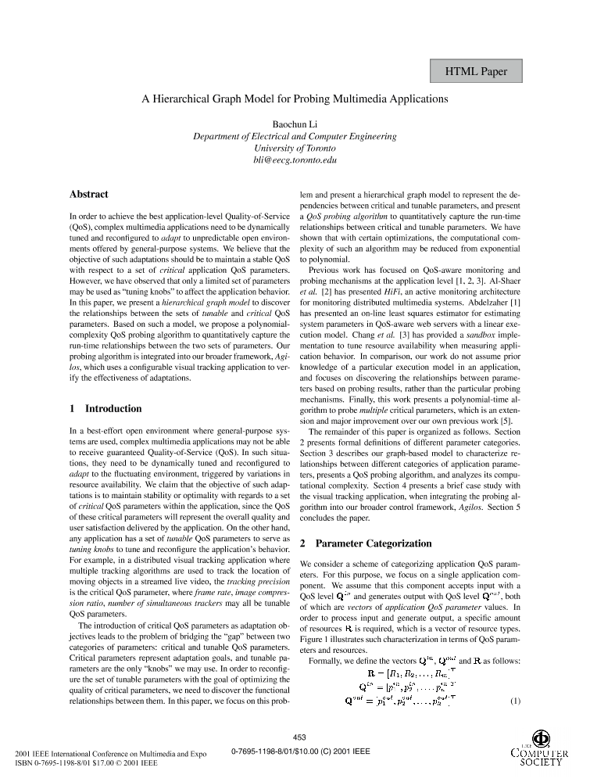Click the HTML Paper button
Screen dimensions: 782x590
476,72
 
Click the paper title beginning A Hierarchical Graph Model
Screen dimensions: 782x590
295,99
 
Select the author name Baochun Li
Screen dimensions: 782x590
295,124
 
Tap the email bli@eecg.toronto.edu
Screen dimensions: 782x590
295,160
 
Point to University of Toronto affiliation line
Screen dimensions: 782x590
295,148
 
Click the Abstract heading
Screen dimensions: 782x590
89,195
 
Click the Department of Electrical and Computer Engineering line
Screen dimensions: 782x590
295,136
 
